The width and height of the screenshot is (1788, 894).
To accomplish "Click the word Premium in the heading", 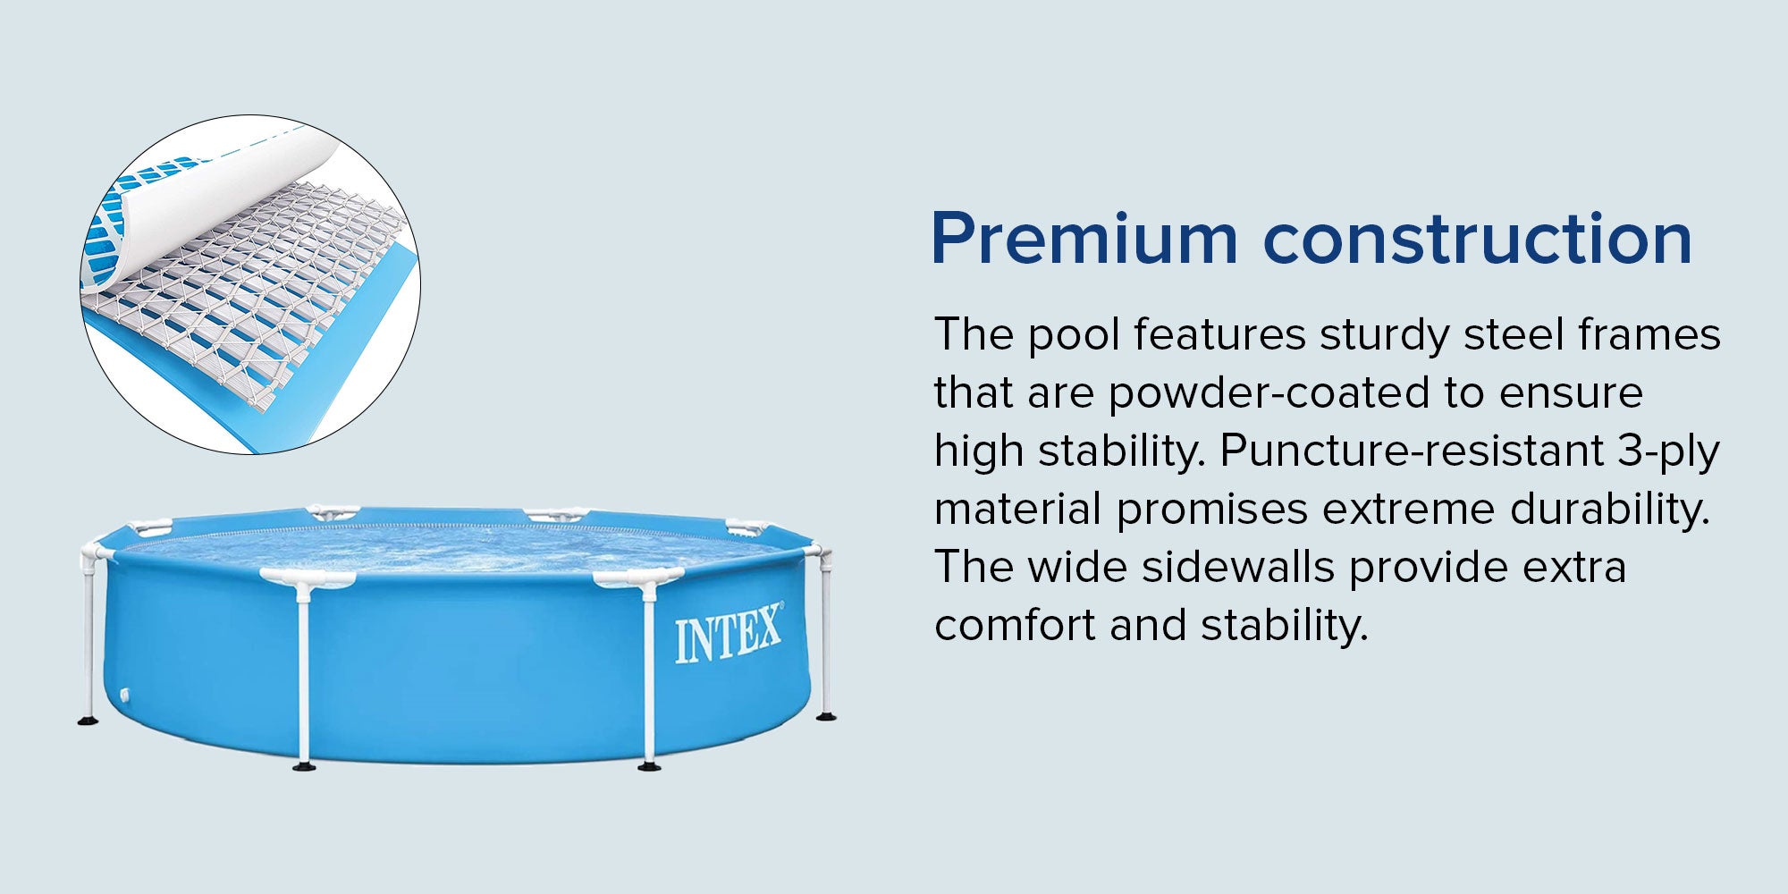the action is coord(1084,239).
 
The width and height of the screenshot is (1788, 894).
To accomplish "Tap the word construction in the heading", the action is coord(1478,239).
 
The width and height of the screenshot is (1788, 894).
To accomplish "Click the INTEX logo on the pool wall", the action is coord(729,633).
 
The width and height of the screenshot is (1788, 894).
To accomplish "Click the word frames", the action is coord(1649,335).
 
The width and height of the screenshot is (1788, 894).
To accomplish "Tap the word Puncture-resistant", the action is coord(1412,451).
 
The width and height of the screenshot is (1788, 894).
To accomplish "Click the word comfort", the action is coord(1015,626).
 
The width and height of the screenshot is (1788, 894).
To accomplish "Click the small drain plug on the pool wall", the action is coord(125,695).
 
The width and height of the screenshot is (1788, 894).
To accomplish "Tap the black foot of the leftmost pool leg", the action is coord(88,720).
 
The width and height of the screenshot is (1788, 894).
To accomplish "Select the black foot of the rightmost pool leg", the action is coord(826,715).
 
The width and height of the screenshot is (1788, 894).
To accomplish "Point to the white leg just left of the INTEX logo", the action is coord(649,675).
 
